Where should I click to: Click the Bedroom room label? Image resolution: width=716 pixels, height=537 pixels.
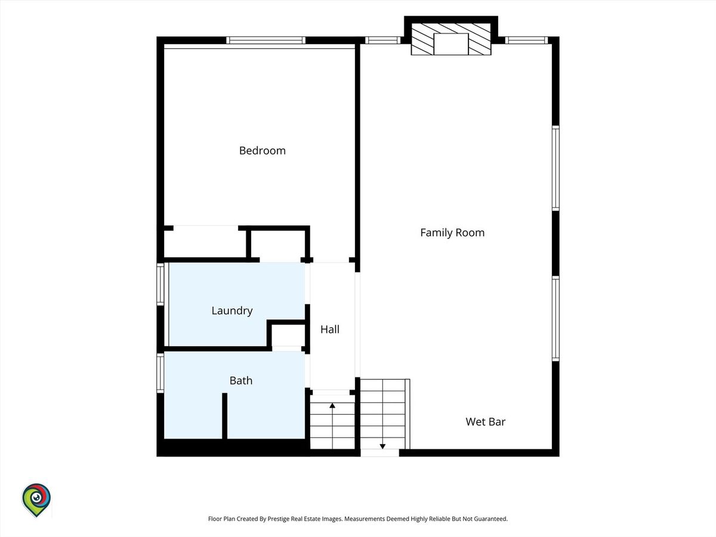pyautogui.click(x=263, y=150)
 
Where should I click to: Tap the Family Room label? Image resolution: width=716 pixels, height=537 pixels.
pyautogui.click(x=452, y=233)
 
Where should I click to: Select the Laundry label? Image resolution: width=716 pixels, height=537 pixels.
pyautogui.click(x=232, y=311)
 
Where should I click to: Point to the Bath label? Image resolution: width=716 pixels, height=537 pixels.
pyautogui.click(x=240, y=381)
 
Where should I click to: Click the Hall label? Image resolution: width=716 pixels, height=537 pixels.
pyautogui.click(x=330, y=329)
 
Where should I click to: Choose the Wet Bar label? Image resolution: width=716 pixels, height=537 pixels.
pyautogui.click(x=485, y=422)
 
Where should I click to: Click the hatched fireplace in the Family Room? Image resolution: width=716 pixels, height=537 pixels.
pyautogui.click(x=451, y=39)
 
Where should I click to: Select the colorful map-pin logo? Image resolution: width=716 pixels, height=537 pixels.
pyautogui.click(x=36, y=500)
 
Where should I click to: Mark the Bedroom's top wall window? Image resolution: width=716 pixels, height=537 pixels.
pyautogui.click(x=266, y=40)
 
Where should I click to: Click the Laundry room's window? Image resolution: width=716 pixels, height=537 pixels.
pyautogui.click(x=160, y=284)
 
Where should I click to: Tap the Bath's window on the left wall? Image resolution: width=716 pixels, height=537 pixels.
pyautogui.click(x=160, y=373)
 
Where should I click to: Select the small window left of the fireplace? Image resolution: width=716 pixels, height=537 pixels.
pyautogui.click(x=382, y=40)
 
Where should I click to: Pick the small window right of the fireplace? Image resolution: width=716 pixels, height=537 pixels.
pyautogui.click(x=527, y=40)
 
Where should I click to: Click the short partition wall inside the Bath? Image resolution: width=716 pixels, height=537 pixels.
pyautogui.click(x=225, y=416)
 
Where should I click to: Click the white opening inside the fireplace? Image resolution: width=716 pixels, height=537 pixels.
pyautogui.click(x=451, y=44)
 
